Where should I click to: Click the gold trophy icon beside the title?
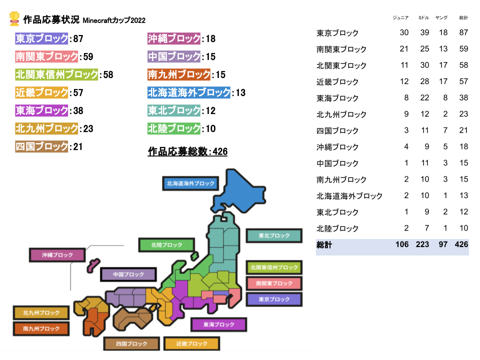pyautogui.click(x=14, y=19)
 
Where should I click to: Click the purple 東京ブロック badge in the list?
pyautogui.click(x=42, y=39)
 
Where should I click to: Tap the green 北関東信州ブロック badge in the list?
pyautogui.click(x=56, y=75)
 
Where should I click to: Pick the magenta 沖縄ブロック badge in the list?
pyautogui.click(x=174, y=39)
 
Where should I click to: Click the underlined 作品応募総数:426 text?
pyautogui.click(x=187, y=151)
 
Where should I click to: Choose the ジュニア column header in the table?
pyautogui.click(x=400, y=18)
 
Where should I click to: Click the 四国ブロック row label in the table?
pyautogui.click(x=337, y=130)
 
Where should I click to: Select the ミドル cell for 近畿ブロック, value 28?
pyautogui.click(x=425, y=81)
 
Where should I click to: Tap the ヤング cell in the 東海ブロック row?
pyautogui.click(x=444, y=98)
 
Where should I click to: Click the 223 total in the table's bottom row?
pyautogui.click(x=422, y=245)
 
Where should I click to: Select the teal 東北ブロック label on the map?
pyautogui.click(x=274, y=235)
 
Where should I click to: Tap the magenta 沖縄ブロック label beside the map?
pyautogui.click(x=57, y=255)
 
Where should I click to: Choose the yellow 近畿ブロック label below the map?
pyautogui.click(x=191, y=343)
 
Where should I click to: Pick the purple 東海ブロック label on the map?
pyautogui.click(x=218, y=324)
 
